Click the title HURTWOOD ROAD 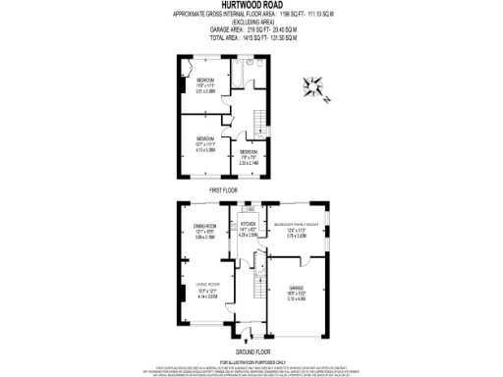tap(251, 5)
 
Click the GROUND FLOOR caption tap(252, 350)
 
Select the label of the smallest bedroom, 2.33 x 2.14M tap(248, 155)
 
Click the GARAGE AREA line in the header tap(251, 29)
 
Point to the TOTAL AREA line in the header tap(251, 37)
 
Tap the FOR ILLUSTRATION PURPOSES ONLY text tap(251, 362)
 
